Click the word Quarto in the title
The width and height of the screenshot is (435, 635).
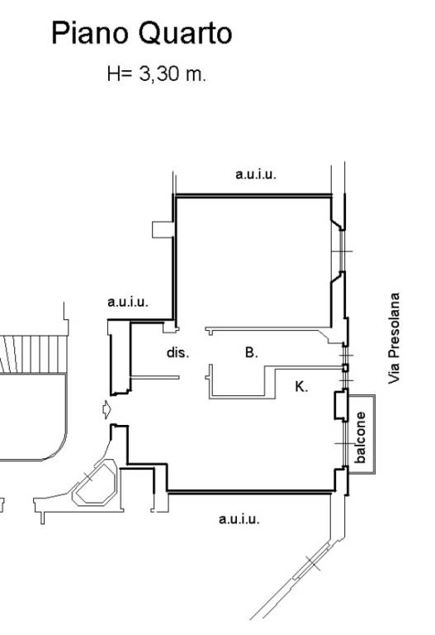tap(186, 34)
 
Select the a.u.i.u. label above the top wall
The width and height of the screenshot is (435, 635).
tap(256, 174)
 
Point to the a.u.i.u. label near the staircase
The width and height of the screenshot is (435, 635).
tap(128, 302)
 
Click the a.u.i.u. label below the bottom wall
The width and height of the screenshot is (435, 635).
tap(239, 518)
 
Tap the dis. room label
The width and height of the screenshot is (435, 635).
tap(178, 352)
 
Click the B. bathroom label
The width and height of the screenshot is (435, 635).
tap(252, 352)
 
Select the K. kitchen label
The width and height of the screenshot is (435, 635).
tap(301, 387)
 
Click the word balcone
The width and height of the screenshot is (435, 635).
tap(360, 437)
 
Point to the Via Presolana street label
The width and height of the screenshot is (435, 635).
tap(394, 338)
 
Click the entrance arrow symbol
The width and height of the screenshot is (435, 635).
tap(106, 410)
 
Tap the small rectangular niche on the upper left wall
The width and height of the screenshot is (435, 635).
tap(163, 229)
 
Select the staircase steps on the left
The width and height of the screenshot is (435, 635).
tap(33, 355)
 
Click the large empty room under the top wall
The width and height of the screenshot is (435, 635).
tap(253, 262)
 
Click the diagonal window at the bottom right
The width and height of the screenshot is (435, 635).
tap(313, 563)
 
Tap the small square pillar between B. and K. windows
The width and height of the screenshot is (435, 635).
tap(345, 368)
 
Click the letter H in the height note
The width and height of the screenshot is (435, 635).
tap(112, 74)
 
